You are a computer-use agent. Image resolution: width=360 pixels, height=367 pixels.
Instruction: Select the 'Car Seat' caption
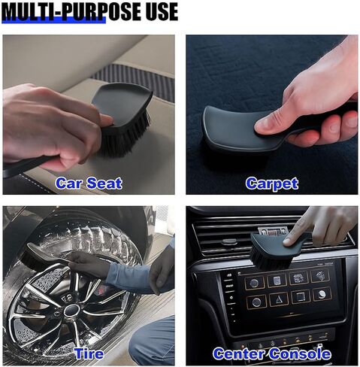pos(89,183)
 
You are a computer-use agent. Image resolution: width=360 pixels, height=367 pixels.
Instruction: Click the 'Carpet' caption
pos(272,183)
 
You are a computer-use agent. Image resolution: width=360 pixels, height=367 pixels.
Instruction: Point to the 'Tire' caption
pos(89,353)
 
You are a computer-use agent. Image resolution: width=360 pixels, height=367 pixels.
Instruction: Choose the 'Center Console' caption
pos(272,353)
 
